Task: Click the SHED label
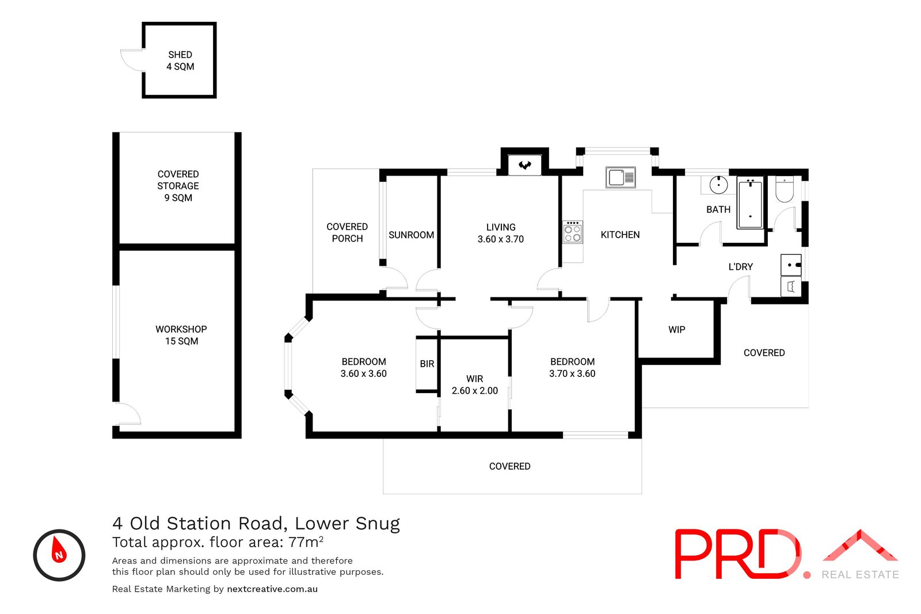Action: point(180,55)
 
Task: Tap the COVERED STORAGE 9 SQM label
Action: point(178,186)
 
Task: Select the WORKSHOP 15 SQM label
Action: point(181,335)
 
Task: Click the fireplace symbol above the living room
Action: point(524,165)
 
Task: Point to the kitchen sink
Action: point(620,177)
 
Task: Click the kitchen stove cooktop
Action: point(573,232)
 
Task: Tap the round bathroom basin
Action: point(718,185)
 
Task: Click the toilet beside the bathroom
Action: point(785,190)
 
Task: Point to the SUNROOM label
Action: point(411,235)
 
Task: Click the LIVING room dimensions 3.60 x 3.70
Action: point(501,239)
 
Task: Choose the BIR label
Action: point(427,364)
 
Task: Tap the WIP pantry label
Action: point(677,330)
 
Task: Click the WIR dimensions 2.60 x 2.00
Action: point(475,391)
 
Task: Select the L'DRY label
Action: point(741,267)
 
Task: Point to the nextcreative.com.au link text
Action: point(272,589)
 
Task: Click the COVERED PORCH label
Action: point(347,232)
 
